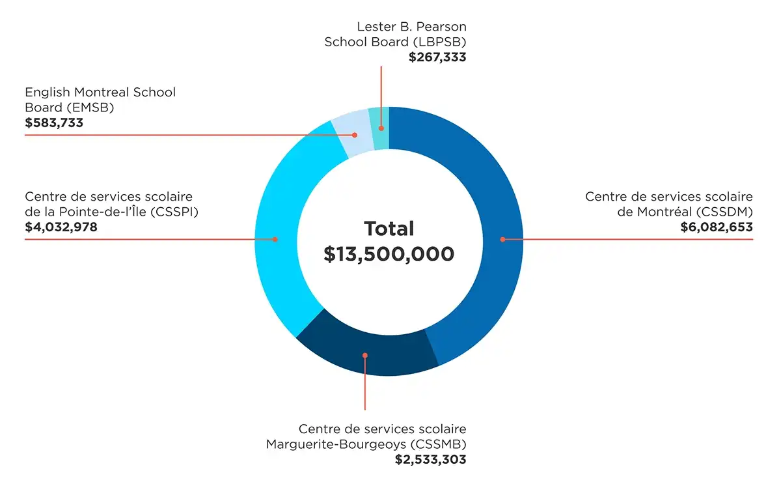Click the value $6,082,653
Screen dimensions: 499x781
click(x=717, y=227)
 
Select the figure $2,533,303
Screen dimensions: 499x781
click(x=430, y=459)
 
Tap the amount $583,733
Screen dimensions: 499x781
click(x=54, y=122)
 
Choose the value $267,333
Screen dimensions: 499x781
click(x=437, y=57)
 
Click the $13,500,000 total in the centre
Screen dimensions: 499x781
click(x=389, y=254)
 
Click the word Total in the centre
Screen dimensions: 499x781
click(x=389, y=229)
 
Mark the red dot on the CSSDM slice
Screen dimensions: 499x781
click(x=502, y=239)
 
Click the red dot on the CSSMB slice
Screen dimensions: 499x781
click(x=365, y=355)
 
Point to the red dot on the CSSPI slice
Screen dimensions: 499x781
click(x=275, y=239)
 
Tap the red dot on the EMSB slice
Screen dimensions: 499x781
click(x=355, y=135)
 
